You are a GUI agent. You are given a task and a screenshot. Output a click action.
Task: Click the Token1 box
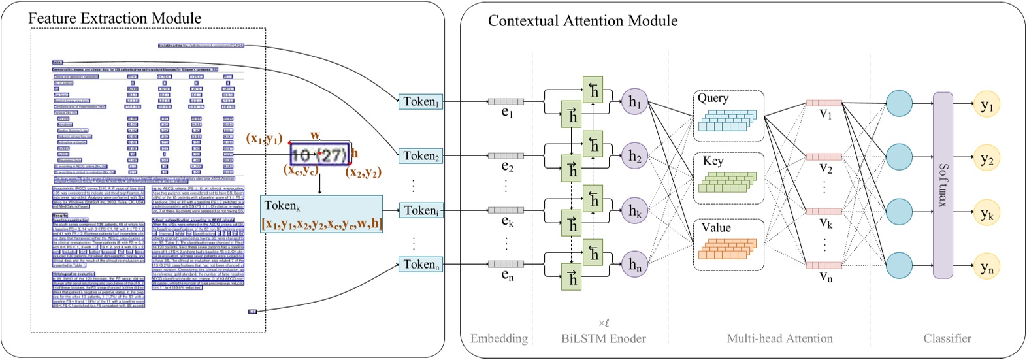click(421, 101)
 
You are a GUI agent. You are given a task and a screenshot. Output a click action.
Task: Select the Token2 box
click(421, 155)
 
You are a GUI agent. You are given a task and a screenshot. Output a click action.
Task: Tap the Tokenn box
click(421, 265)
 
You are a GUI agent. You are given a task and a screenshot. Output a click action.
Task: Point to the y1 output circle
click(986, 105)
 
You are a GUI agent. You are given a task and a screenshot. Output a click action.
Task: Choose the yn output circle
click(986, 267)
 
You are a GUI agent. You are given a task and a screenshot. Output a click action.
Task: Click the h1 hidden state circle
click(634, 102)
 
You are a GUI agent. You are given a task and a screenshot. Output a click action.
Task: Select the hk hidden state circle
click(634, 211)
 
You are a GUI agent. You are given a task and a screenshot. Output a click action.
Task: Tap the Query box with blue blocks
click(728, 114)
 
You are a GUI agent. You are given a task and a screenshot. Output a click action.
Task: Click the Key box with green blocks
click(728, 177)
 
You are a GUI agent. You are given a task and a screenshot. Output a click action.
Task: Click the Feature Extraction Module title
click(115, 18)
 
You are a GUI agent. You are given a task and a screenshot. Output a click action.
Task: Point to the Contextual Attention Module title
click(583, 21)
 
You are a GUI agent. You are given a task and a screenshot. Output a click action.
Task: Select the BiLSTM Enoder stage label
click(603, 338)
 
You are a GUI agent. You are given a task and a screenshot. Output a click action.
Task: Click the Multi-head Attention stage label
click(780, 338)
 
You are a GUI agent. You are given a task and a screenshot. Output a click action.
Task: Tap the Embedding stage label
click(499, 338)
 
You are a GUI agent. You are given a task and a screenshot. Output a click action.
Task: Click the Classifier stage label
click(947, 338)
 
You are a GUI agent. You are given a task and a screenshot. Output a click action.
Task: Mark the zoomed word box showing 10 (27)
click(319, 154)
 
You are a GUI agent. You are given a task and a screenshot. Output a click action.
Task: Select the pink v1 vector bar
click(823, 103)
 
